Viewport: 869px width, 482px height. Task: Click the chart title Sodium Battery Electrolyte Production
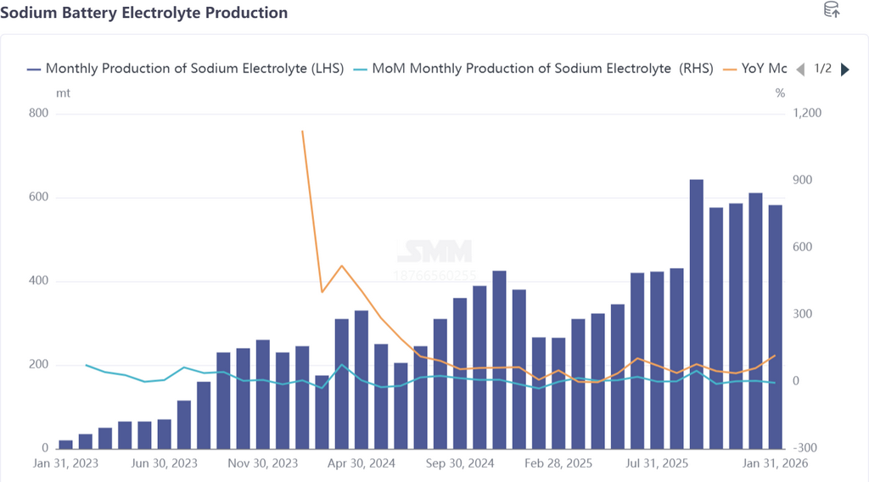click(x=144, y=13)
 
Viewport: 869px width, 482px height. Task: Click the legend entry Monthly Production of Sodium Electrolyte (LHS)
click(x=185, y=69)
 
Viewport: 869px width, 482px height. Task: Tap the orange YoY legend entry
click(x=754, y=69)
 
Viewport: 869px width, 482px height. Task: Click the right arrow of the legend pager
click(x=844, y=70)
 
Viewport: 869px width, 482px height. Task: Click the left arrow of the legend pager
click(x=799, y=70)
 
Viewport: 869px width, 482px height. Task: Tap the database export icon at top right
click(x=832, y=10)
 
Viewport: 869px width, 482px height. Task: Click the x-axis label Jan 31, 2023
click(x=65, y=463)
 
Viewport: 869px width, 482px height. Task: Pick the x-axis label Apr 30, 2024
click(x=362, y=463)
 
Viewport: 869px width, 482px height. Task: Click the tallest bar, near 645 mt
click(x=697, y=314)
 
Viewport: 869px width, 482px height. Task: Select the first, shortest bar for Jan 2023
click(x=65, y=444)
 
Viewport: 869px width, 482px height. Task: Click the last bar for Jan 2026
click(x=776, y=327)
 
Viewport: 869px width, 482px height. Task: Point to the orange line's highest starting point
click(x=303, y=132)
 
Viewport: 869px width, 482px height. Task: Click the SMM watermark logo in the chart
click(x=434, y=251)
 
